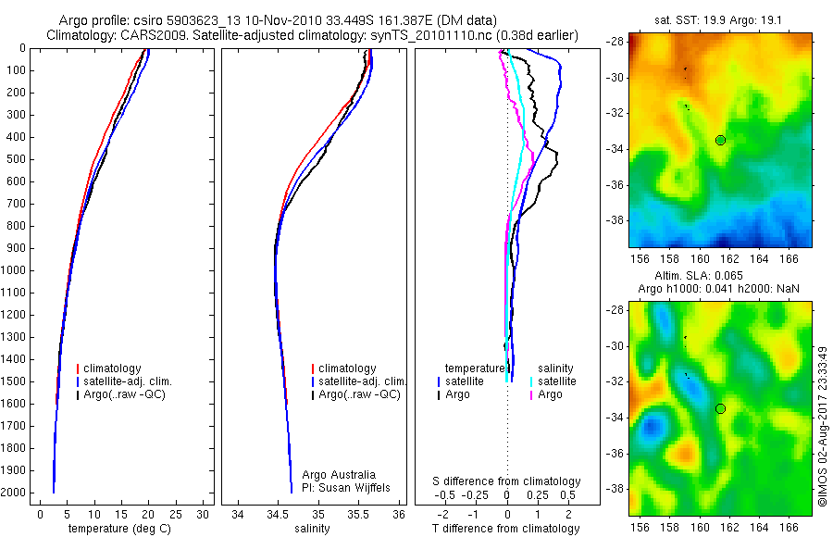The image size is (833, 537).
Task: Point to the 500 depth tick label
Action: point(15,159)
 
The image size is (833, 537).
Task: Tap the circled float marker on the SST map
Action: point(720,140)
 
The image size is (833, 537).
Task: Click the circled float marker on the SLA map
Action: point(720,408)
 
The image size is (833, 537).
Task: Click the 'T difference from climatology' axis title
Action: point(507,529)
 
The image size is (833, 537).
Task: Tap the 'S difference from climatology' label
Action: point(507,481)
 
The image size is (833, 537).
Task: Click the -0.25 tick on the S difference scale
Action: point(477,495)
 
